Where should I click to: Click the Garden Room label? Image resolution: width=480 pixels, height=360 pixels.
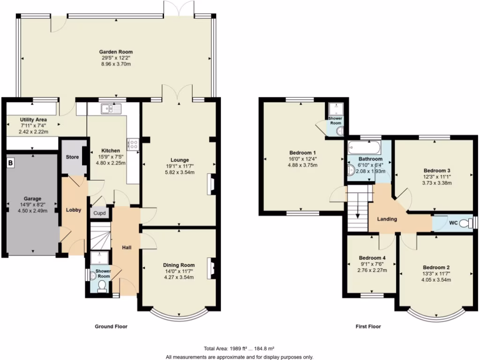[115, 52]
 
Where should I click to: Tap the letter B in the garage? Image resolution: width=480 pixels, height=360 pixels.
[10, 164]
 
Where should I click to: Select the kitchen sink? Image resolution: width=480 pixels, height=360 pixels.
[111, 109]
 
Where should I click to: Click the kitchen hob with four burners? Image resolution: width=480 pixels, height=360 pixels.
[132, 144]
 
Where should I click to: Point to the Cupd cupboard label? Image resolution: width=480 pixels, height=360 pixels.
[100, 213]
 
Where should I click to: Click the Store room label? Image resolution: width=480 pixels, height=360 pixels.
[72, 156]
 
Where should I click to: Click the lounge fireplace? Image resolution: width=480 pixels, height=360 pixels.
[212, 184]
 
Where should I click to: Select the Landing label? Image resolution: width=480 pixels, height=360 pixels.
[387, 219]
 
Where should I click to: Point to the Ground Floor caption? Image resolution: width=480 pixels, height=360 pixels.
[111, 327]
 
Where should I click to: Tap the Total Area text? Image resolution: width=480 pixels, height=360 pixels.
[239, 349]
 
